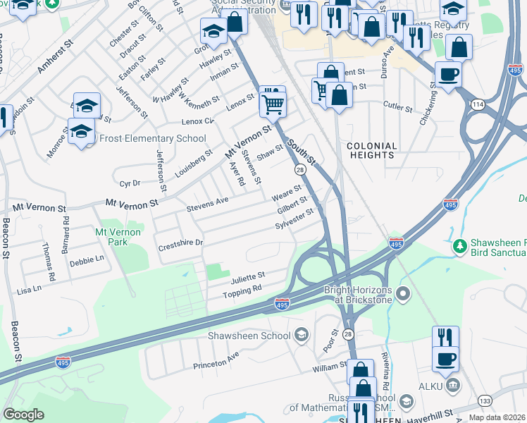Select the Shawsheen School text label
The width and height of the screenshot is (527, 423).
(249, 336)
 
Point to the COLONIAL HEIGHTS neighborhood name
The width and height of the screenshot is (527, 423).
(372, 150)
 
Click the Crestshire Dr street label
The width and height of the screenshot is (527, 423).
(180, 243)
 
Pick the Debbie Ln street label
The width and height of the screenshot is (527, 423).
(87, 260)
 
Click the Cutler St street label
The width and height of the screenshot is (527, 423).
(398, 108)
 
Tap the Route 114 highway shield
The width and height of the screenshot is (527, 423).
(479, 104)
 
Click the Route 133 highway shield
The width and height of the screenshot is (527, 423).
(485, 401)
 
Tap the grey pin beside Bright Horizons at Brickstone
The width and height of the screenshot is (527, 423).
(403, 293)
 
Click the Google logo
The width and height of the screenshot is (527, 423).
(23, 415)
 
